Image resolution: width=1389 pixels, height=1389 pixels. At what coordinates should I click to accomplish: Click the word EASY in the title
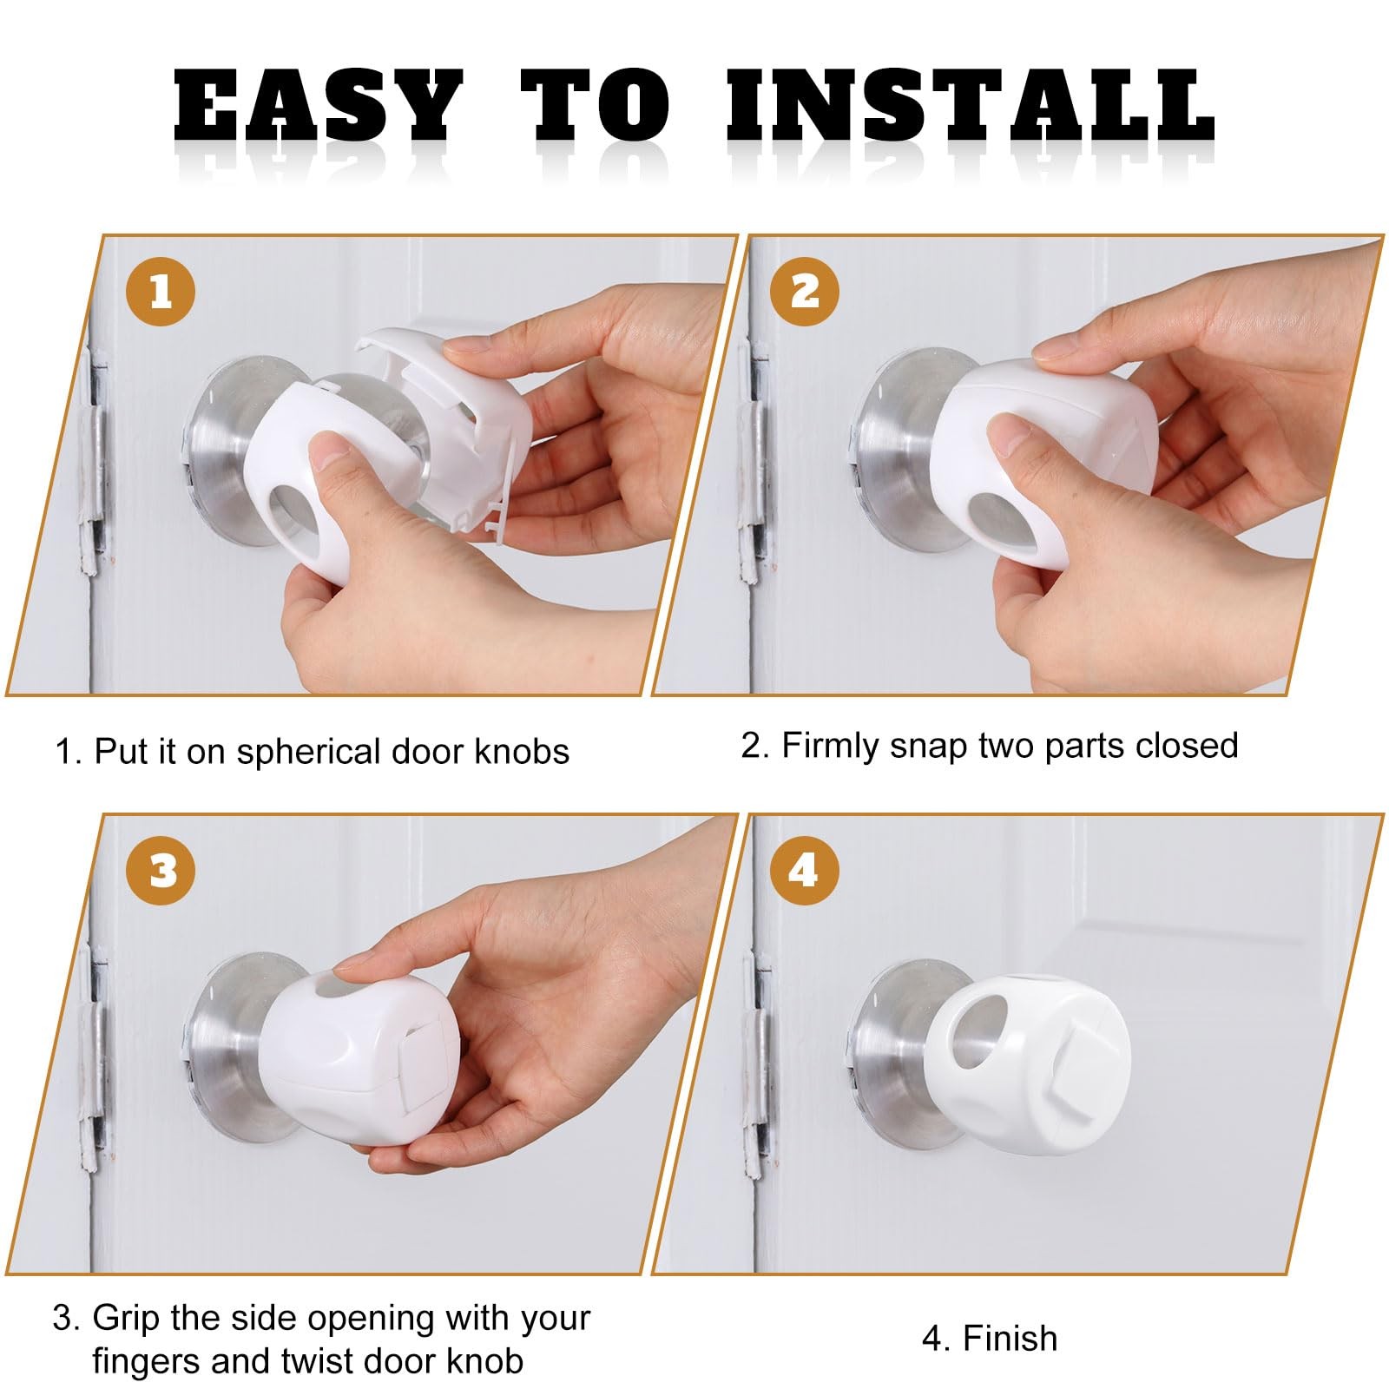pyautogui.click(x=318, y=106)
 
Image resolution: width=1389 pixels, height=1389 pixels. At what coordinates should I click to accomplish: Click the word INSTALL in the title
pyautogui.click(x=970, y=106)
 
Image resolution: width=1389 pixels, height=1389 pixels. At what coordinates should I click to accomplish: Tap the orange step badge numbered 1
pyautogui.click(x=161, y=291)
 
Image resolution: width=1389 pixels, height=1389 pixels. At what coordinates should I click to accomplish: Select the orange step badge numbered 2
pyautogui.click(x=805, y=291)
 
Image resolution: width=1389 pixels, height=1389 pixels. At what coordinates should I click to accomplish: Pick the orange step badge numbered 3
pyautogui.click(x=161, y=871)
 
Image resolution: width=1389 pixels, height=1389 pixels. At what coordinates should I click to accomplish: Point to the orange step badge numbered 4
pyautogui.click(x=803, y=871)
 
